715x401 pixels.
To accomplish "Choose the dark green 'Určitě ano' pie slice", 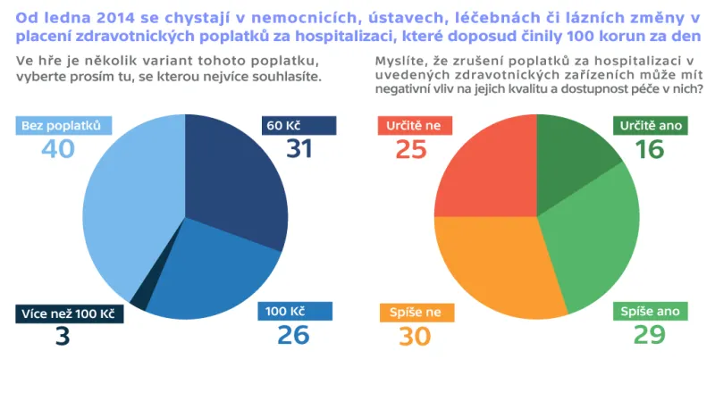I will click(x=572, y=156).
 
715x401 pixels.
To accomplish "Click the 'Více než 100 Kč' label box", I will click(x=68, y=313).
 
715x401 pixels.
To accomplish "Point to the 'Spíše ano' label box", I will click(x=651, y=312).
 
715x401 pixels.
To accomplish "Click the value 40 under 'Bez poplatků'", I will click(x=57, y=148).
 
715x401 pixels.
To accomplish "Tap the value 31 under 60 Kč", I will click(x=299, y=148).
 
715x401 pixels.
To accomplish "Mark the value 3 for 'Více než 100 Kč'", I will click(x=63, y=337).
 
